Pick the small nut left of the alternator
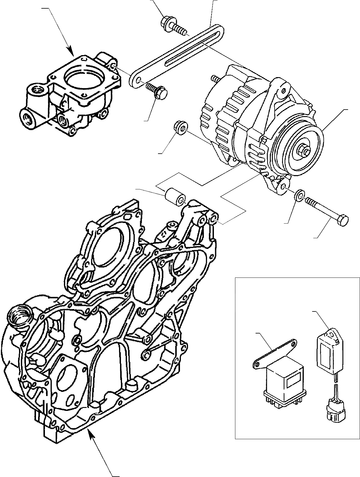pyautogui.click(x=180, y=128)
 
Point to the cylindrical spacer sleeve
pyautogui.click(x=175, y=197)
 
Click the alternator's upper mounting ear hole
pyautogui.click(x=283, y=89)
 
